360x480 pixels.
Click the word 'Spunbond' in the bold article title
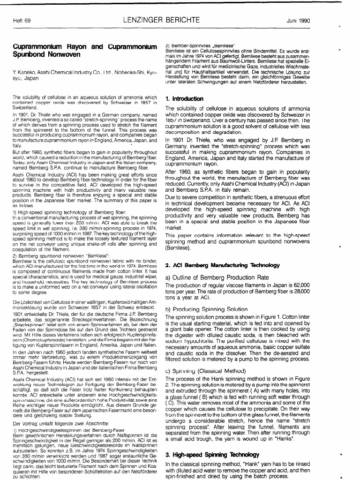tap(30, 54)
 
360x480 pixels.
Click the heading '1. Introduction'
tap(184, 99)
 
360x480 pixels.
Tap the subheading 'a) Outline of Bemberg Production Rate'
tap(217, 277)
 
